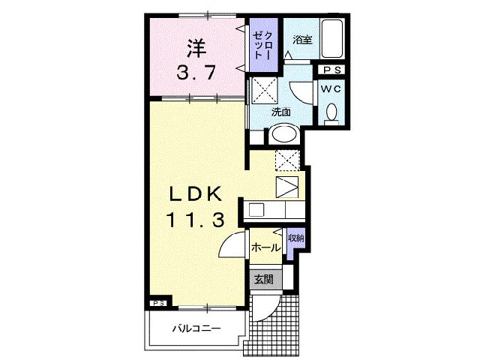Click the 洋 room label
(196, 48)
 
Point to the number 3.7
(196, 74)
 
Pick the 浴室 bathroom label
(302, 40)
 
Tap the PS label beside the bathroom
(331, 70)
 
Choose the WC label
(331, 88)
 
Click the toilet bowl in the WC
(331, 114)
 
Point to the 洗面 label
(280, 112)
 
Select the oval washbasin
(283, 134)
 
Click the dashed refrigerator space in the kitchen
(286, 160)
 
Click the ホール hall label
(266, 247)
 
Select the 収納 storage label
(295, 238)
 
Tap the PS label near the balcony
(158, 303)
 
